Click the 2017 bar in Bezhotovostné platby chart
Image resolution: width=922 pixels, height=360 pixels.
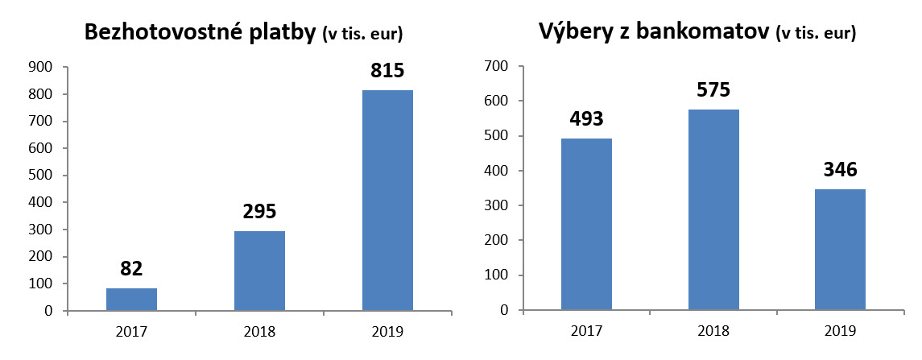(131, 299)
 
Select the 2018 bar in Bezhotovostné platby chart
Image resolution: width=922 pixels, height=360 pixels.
(259, 271)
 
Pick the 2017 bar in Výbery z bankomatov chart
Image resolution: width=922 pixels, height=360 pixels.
(586, 224)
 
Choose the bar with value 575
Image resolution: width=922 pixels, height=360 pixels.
(713, 209)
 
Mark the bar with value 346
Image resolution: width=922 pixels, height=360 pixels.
(841, 250)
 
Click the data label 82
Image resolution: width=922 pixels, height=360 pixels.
(131, 269)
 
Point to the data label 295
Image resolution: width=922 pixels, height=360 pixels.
(259, 212)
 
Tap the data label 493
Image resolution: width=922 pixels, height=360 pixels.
(586, 119)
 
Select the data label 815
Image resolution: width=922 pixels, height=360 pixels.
(387, 71)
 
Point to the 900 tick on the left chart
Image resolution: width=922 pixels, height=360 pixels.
(42, 67)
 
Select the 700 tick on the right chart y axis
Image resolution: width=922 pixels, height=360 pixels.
(497, 66)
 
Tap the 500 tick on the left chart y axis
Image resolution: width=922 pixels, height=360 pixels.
(42, 176)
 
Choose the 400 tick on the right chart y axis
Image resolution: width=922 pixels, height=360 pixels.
(497, 171)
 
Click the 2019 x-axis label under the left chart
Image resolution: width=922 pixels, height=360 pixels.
(387, 331)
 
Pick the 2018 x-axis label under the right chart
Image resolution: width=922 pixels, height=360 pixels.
(713, 331)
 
